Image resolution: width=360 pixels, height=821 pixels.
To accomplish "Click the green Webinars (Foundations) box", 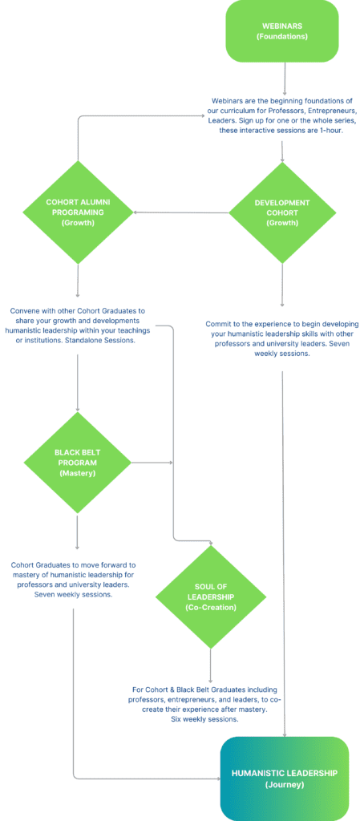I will [282, 30].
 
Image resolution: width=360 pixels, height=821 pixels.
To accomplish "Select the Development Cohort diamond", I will [282, 212].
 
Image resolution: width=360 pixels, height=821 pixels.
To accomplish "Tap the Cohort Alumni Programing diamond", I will [78, 212].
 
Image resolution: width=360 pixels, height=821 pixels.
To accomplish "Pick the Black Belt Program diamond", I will [78, 463].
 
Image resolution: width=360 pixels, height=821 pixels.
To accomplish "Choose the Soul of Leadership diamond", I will [210, 597].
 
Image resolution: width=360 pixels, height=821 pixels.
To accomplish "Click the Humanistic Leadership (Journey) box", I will [285, 779].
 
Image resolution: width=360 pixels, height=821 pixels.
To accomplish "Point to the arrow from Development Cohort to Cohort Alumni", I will [181, 212].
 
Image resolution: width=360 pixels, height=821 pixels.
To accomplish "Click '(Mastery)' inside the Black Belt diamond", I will [78, 474].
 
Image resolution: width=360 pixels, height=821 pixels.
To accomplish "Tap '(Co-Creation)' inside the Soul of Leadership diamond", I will [210, 607].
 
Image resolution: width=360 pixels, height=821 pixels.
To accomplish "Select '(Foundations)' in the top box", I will [282, 37].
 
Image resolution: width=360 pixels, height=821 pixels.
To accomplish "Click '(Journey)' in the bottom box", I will [285, 785].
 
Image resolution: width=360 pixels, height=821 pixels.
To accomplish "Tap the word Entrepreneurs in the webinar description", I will [334, 111].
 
